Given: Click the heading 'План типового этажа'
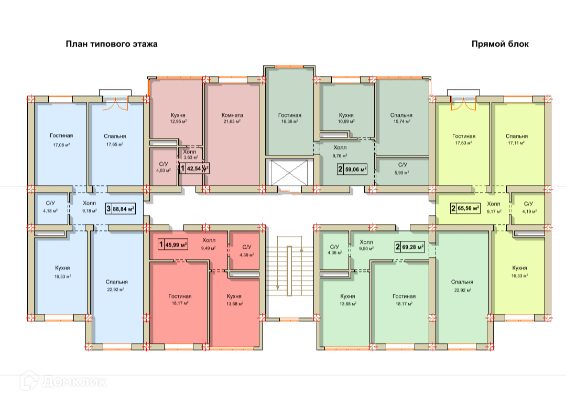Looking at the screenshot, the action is [x=111, y=44].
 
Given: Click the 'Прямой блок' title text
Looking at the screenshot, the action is [x=500, y=44].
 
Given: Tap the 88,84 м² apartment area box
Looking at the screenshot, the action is [x=121, y=208].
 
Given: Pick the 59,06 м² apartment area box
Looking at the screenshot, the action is [x=352, y=169].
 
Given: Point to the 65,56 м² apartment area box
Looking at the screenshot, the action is [x=465, y=208].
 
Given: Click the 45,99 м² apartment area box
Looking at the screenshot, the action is [x=173, y=244].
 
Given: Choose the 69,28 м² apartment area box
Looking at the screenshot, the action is [x=409, y=246].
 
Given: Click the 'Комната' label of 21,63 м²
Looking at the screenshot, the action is [x=232, y=115].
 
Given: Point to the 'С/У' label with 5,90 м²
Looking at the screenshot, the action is [x=402, y=164].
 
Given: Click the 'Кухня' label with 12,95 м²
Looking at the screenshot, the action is [x=179, y=115].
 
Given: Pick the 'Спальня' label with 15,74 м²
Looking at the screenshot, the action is [x=401, y=115].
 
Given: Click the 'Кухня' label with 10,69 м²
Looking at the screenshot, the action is [x=346, y=115].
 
